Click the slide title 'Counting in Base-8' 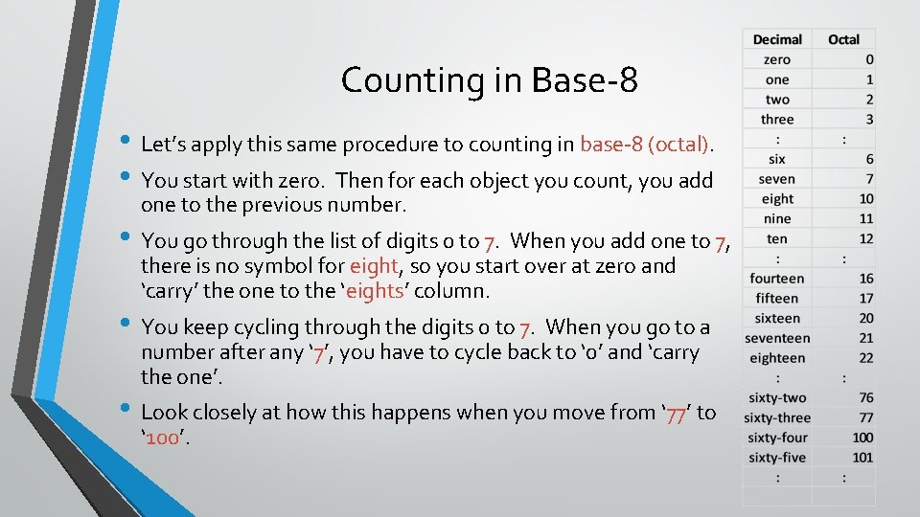click(x=489, y=79)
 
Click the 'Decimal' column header click(x=777, y=39)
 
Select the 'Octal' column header click(x=843, y=39)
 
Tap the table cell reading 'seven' click(x=776, y=179)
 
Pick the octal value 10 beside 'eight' click(x=866, y=199)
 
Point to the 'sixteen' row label click(x=777, y=318)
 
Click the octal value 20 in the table click(x=866, y=318)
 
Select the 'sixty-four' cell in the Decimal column click(x=776, y=438)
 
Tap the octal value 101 click(x=863, y=458)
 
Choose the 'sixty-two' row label click(x=776, y=398)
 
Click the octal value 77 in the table click(x=866, y=417)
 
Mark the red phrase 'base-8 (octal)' click(x=645, y=145)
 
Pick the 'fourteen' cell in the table click(x=777, y=279)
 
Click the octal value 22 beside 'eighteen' click(x=866, y=358)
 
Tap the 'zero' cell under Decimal click(x=777, y=59)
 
